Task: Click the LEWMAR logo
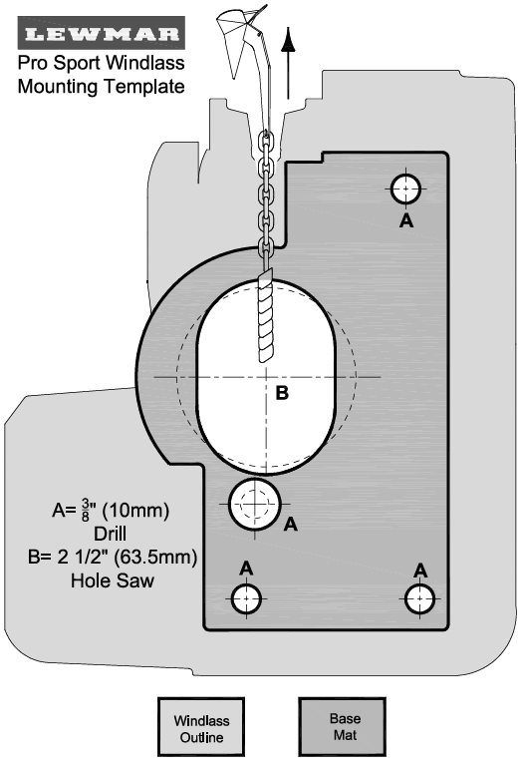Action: pos(102,33)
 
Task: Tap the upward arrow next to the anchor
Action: pos(289,64)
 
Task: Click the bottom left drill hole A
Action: pos(246,598)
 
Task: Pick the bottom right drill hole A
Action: pos(419,598)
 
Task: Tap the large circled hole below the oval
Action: pos(255,505)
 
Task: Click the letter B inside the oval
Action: pos(282,393)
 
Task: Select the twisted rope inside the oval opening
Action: pos(267,319)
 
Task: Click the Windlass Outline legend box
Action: pos(201,727)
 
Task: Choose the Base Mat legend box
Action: pos(343,726)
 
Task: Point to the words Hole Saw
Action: pos(113,580)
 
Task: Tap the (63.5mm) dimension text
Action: pos(155,557)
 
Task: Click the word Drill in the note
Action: pos(111,534)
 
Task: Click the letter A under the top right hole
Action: pos(406,221)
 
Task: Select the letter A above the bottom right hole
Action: pos(420,571)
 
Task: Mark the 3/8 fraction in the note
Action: pos(86,510)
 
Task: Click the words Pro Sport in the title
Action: pos(61,63)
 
